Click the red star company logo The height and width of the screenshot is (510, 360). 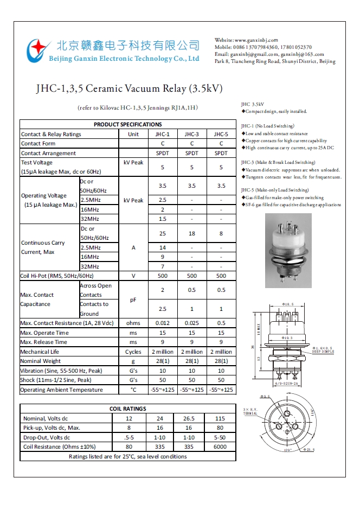[37, 49]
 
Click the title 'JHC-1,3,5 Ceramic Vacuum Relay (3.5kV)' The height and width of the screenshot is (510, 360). [129, 88]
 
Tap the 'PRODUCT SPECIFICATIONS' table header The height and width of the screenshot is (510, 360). [128, 124]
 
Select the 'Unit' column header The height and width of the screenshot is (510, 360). [133, 134]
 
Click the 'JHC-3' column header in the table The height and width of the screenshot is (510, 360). [192, 134]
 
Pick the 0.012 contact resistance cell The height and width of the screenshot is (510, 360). [163, 323]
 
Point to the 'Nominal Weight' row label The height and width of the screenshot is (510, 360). [41, 361]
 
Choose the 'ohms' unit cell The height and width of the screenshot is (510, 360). [133, 323]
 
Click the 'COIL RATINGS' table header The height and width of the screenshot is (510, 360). [128, 409]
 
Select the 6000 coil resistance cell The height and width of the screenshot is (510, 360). [220, 447]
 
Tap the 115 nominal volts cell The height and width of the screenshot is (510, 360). [220, 418]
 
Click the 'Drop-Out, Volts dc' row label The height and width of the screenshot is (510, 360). [47, 437]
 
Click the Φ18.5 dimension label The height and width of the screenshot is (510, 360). [288, 304]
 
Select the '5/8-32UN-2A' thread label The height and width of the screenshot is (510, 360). [287, 384]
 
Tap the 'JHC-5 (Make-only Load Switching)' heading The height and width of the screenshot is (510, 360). [275, 190]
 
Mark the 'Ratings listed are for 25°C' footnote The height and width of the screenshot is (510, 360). [128, 456]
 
